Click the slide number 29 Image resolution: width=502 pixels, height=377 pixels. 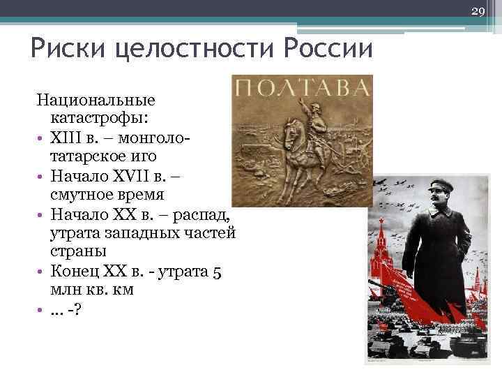click(478, 12)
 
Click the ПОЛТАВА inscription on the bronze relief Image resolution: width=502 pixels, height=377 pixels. click(302, 88)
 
